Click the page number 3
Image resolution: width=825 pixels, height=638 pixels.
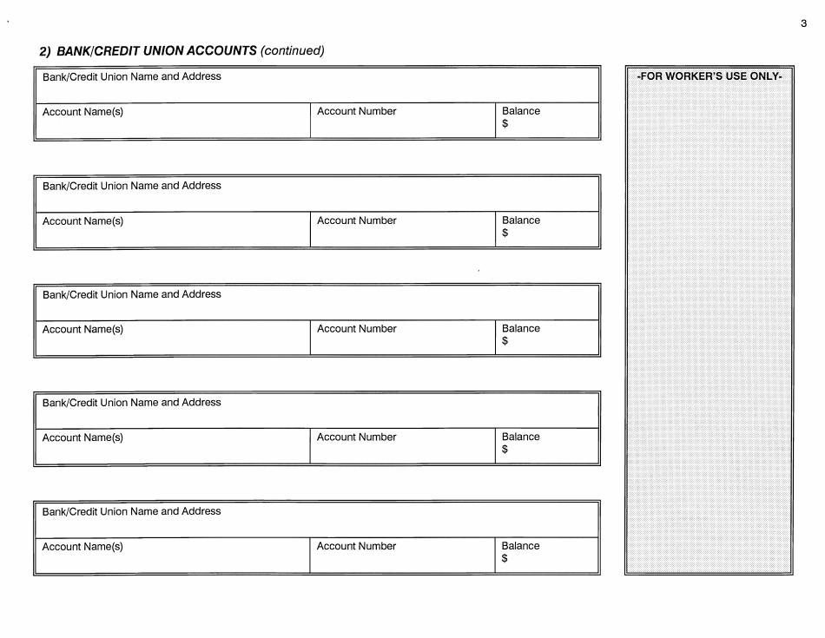pyautogui.click(x=804, y=24)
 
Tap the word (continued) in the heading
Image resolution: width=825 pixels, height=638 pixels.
pyautogui.click(x=293, y=50)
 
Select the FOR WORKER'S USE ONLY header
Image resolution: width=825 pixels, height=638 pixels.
pyautogui.click(x=709, y=76)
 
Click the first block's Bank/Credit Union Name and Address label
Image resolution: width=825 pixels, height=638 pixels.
pyautogui.click(x=132, y=76)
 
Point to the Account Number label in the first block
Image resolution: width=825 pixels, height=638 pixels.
pyautogui.click(x=356, y=111)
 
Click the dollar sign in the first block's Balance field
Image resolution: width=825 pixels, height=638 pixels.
pyautogui.click(x=505, y=124)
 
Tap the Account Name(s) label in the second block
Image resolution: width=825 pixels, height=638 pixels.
pyautogui.click(x=82, y=221)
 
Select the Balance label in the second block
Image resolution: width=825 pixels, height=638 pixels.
pyautogui.click(x=520, y=220)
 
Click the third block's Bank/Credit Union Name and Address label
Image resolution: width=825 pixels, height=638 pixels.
pyautogui.click(x=132, y=294)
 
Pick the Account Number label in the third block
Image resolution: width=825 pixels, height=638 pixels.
pyautogui.click(x=356, y=329)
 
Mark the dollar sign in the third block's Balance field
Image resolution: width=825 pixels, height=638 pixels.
pyautogui.click(x=505, y=341)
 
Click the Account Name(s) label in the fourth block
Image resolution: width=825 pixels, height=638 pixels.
pyautogui.click(x=82, y=437)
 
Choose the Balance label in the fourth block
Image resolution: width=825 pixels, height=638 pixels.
pyautogui.click(x=520, y=437)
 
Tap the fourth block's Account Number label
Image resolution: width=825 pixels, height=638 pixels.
pyautogui.click(x=356, y=437)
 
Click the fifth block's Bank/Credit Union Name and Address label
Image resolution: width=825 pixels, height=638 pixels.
pyautogui.click(x=132, y=511)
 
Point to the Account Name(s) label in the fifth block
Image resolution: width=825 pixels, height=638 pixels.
pyautogui.click(x=82, y=547)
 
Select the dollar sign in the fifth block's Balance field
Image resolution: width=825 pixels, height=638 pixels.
pyautogui.click(x=505, y=558)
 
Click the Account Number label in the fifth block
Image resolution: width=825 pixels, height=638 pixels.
pyautogui.click(x=356, y=546)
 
